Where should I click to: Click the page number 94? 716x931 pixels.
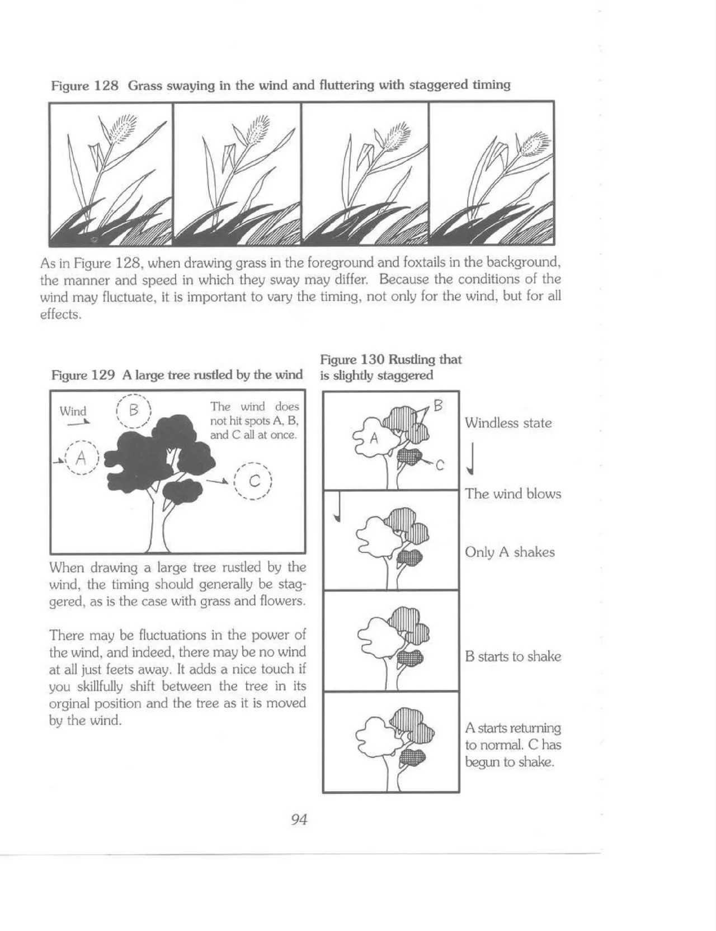pos(299,820)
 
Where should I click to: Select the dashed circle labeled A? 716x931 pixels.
pos(81,458)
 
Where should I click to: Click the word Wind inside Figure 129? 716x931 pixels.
pos(73,411)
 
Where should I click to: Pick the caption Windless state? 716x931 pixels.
pos(508,423)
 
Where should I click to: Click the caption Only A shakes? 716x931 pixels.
pos(510,552)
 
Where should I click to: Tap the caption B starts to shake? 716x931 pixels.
pos(512,656)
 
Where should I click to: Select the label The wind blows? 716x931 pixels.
pos(513,494)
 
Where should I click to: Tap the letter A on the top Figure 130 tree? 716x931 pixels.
pos(374,439)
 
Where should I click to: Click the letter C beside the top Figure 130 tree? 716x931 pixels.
pos(440,465)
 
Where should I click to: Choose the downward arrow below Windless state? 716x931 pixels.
pos(473,459)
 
